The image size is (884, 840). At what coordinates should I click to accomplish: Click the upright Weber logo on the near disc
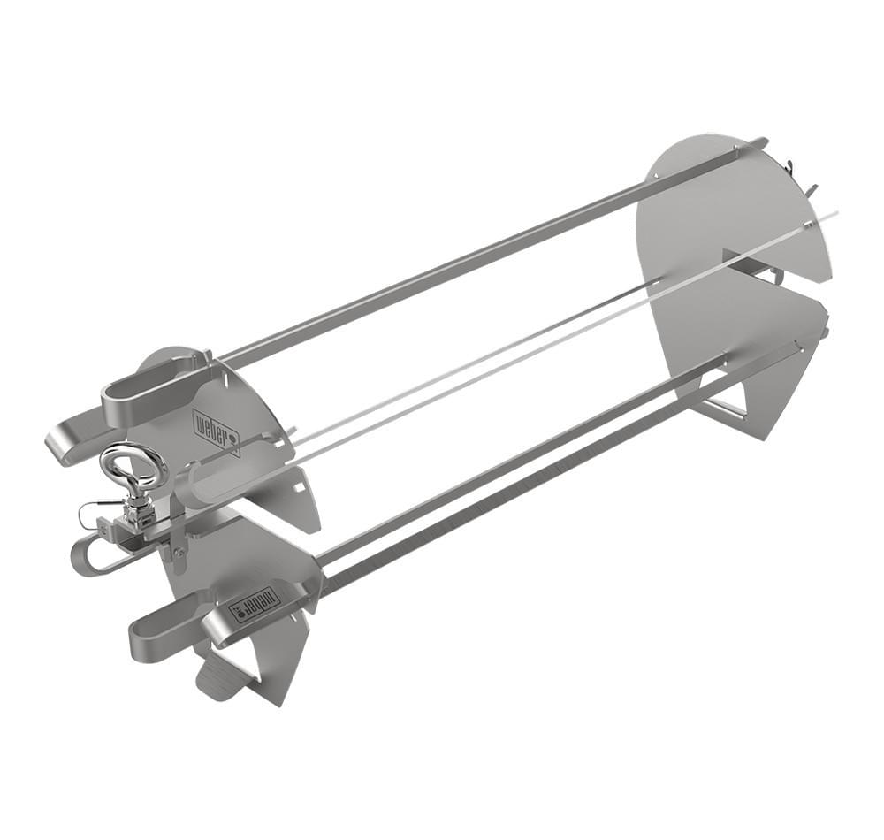tap(217, 431)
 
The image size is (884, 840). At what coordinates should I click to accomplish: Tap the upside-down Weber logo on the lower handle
tap(255, 605)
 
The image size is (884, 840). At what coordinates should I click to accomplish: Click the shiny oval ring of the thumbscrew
tap(133, 467)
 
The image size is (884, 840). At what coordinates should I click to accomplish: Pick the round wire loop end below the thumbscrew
tap(86, 557)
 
